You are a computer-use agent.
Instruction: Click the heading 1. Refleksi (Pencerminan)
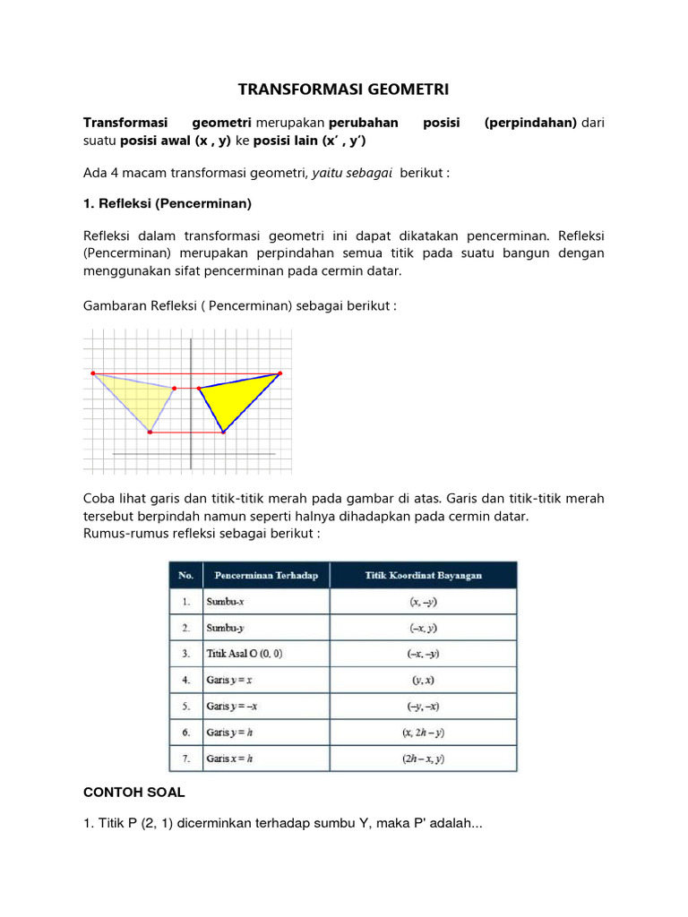tap(168, 204)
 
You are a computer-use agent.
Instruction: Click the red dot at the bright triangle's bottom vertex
tap(224, 433)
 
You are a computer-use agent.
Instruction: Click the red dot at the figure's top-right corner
tap(279, 373)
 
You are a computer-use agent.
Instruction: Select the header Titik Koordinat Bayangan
tap(424, 575)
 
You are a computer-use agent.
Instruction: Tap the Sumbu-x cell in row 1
tap(227, 601)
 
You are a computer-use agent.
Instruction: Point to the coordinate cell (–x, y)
tap(424, 628)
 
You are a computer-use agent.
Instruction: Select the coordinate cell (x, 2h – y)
tap(424, 733)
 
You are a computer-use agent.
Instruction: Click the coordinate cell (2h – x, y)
tap(424, 758)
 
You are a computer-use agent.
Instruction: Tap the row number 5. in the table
tap(185, 706)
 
